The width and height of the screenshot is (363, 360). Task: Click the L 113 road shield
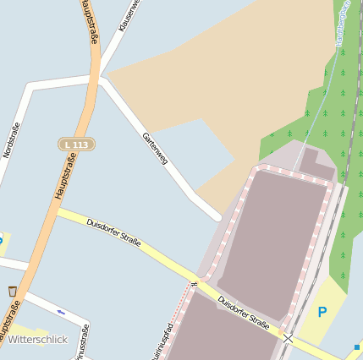pos(76,145)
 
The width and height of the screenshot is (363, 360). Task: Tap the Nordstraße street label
pos(11,139)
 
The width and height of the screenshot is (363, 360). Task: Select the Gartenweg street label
pos(155,147)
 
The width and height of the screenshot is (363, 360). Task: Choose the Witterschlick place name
pos(38,339)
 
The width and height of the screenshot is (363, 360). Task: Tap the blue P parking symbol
pos(322,312)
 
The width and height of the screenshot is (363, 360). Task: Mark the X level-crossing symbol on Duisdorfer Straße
pos(289,337)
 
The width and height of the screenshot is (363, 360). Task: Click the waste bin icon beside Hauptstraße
pos(13,292)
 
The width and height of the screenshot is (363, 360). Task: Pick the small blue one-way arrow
pos(60,312)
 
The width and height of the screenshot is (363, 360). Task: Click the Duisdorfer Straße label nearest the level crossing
pos(243,313)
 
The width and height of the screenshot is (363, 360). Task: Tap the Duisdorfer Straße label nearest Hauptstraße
pos(113,232)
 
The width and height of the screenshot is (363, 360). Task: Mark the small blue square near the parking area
pos(357,346)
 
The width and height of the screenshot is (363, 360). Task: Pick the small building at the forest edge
pos(316,163)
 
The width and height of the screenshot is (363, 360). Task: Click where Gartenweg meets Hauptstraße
pos(100,79)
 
